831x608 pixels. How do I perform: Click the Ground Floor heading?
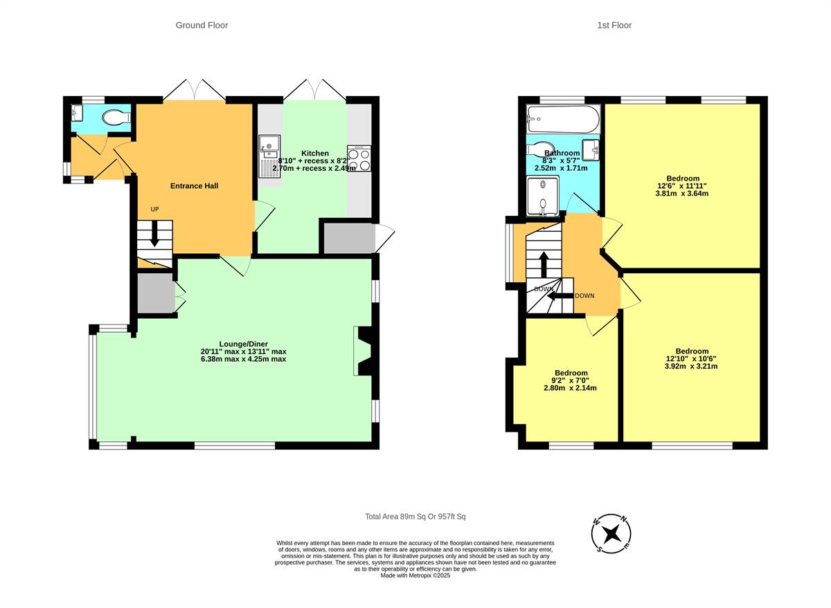pyautogui.click(x=202, y=26)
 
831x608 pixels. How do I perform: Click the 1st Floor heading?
pyautogui.click(x=614, y=26)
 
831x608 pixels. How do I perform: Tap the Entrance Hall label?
pyautogui.click(x=195, y=186)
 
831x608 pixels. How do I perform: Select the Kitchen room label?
pyautogui.click(x=315, y=153)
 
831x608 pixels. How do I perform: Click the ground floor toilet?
pyautogui.click(x=114, y=119)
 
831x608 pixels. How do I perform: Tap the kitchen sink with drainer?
pyautogui.click(x=269, y=156)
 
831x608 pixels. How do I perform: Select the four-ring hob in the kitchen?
pyautogui.click(x=359, y=160)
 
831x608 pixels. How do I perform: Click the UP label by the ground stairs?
pyautogui.click(x=155, y=210)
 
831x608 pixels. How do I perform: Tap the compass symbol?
pyautogui.click(x=611, y=534)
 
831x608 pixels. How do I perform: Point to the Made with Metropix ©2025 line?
pyautogui.click(x=415, y=575)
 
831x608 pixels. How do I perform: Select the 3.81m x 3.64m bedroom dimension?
pyautogui.click(x=681, y=194)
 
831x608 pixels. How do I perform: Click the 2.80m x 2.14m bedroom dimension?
pyautogui.click(x=570, y=388)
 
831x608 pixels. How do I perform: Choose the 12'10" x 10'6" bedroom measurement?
pyautogui.click(x=691, y=358)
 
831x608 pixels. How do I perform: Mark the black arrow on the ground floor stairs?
pyautogui.click(x=154, y=234)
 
